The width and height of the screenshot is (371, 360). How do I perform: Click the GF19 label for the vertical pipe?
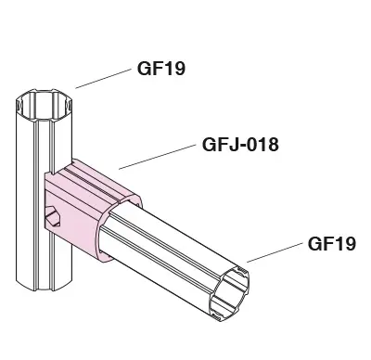tap(161, 69)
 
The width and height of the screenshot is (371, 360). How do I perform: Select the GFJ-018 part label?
tap(240, 145)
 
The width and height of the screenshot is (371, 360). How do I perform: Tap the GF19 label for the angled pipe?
tap(332, 243)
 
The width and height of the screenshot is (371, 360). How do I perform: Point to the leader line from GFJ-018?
tap(158, 157)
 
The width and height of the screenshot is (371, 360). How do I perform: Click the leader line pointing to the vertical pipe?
tap(103, 79)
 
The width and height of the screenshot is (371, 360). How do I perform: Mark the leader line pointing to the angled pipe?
tap(275, 252)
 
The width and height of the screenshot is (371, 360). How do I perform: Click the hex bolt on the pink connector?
tap(53, 216)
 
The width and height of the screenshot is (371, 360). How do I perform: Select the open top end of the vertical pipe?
tap(44, 105)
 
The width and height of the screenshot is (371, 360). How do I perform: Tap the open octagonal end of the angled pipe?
tap(229, 294)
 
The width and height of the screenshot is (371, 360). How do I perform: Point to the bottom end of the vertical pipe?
tap(44, 285)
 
